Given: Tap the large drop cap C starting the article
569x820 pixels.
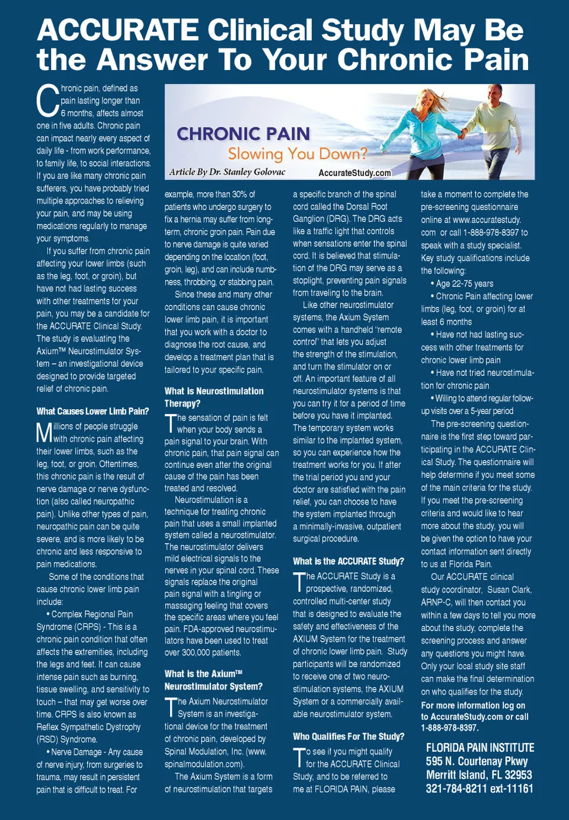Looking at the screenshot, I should (x=47, y=101).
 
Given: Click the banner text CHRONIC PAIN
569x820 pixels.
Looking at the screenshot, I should (x=243, y=134).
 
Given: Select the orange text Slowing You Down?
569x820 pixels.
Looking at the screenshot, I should (x=298, y=154).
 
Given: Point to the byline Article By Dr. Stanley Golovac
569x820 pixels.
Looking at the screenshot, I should (x=227, y=172).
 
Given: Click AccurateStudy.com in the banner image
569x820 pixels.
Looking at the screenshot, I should (x=354, y=173).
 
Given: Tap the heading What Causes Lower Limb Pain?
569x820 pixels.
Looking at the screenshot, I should (x=92, y=411).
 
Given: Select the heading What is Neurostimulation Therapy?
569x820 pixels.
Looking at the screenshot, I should (x=213, y=397).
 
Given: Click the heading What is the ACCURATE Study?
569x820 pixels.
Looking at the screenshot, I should (x=348, y=561).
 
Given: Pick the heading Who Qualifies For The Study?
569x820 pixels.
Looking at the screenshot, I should (x=349, y=736).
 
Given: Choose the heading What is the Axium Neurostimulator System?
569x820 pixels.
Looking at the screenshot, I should (x=213, y=680).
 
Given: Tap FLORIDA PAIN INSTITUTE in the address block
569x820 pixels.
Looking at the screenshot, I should (x=480, y=748).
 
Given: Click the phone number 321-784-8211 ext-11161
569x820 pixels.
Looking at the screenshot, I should (x=479, y=789).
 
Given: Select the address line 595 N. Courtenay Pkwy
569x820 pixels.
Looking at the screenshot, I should (x=477, y=761).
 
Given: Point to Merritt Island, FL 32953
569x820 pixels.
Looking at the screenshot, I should (x=479, y=775).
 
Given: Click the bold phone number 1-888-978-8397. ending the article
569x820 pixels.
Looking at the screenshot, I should (x=449, y=728).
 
